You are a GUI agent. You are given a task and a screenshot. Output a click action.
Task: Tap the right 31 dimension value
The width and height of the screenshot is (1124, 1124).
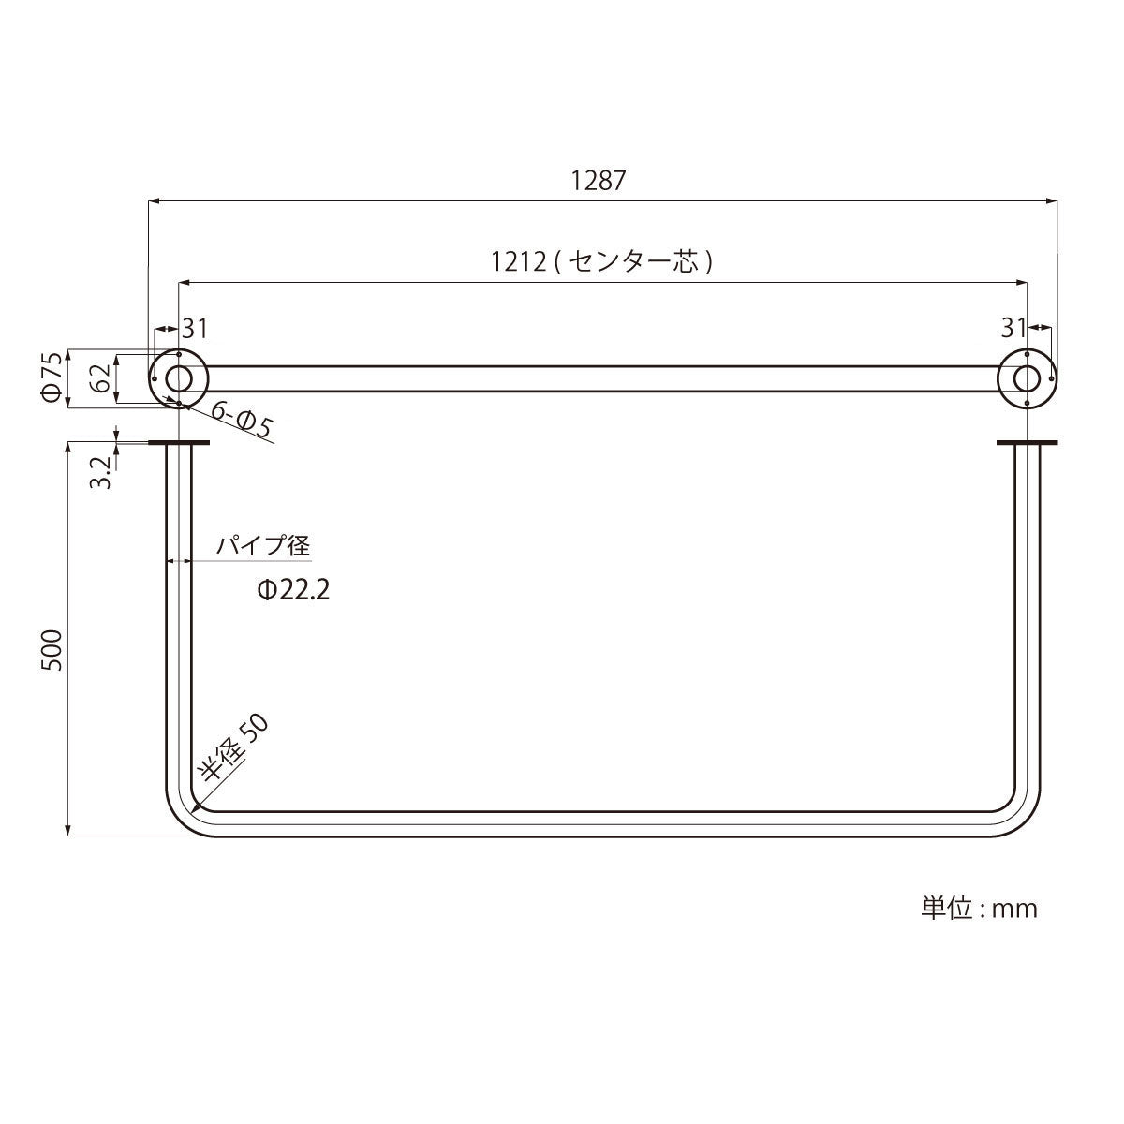pos(1013,328)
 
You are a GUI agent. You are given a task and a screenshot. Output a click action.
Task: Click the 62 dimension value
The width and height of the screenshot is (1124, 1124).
pos(100,378)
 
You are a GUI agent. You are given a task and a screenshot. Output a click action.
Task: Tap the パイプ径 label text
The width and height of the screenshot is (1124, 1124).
pos(263,545)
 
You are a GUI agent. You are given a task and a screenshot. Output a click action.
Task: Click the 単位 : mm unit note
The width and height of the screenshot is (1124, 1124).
pos(980,908)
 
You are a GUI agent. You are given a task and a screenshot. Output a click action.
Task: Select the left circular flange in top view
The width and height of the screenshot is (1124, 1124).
pos(178,378)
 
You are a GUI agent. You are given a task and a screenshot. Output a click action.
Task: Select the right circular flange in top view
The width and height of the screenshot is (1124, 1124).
pos(1028,378)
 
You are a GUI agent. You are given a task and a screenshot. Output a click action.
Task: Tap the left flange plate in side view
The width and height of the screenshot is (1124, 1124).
pos(178,443)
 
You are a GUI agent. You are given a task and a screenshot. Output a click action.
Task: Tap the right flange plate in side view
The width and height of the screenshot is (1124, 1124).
pos(1028,443)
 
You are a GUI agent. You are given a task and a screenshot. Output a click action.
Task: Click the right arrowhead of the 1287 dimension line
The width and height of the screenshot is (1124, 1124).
pos(1052,200)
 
